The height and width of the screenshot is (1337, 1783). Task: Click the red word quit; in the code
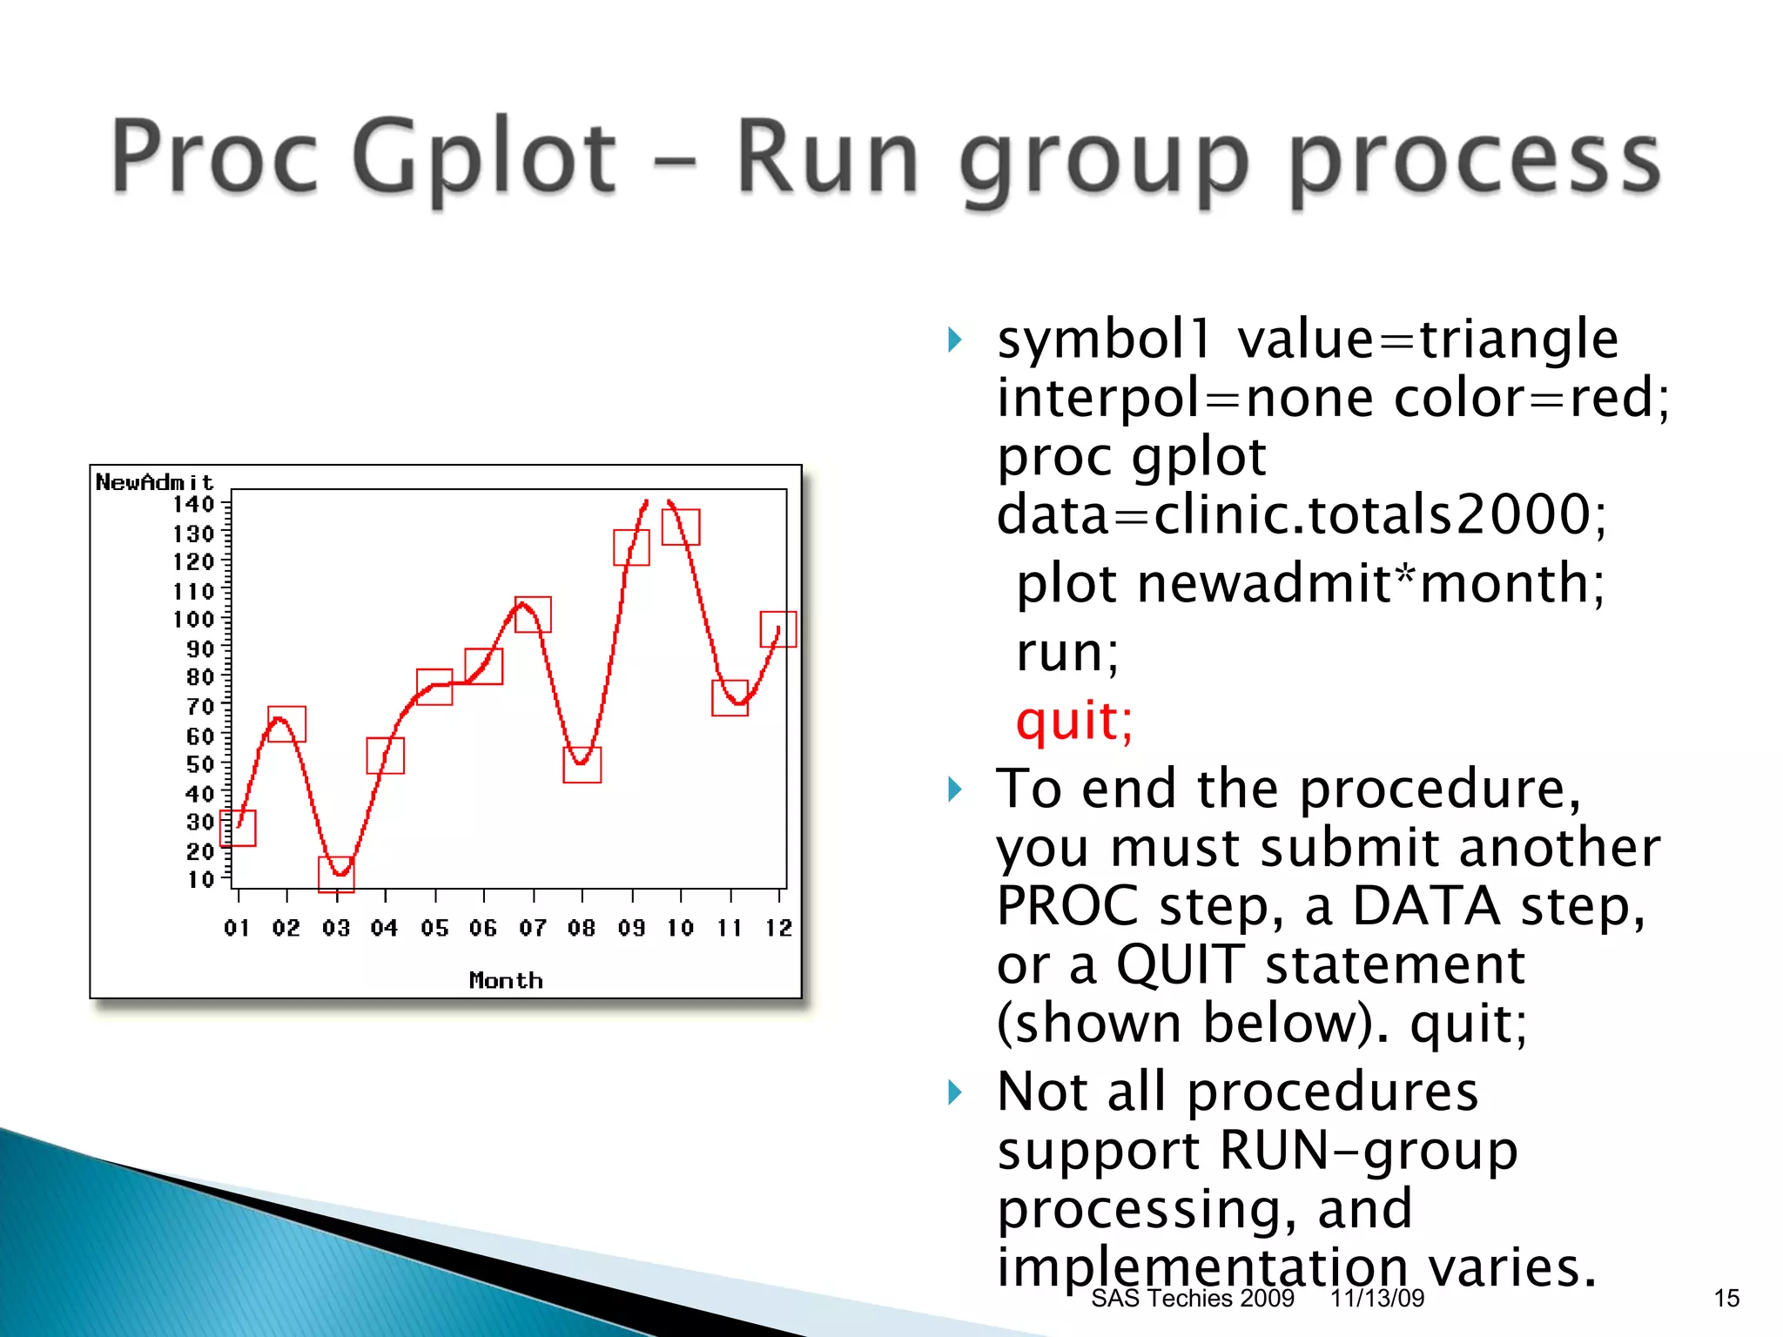point(1074,722)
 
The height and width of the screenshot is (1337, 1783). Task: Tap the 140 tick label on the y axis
point(193,504)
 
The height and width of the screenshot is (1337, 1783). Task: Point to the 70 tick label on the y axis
point(199,706)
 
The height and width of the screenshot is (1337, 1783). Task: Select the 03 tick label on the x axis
point(336,928)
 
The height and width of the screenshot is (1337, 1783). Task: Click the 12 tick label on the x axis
point(779,928)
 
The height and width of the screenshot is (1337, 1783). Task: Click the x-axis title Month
point(506,980)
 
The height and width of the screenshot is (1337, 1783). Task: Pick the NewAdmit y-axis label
point(154,481)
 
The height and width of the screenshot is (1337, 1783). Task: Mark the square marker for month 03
point(336,874)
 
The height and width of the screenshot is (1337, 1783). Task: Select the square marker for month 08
point(582,764)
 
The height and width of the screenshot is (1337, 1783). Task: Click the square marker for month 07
point(533,615)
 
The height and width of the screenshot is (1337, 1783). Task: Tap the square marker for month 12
point(778,628)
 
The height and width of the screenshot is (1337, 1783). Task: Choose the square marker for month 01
point(238,828)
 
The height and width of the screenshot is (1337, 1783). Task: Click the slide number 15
point(1726,1299)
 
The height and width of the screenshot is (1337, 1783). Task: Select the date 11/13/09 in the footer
point(1376,1299)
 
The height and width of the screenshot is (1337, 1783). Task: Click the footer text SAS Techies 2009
point(1192,1299)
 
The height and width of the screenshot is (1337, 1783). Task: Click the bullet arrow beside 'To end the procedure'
point(955,789)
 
